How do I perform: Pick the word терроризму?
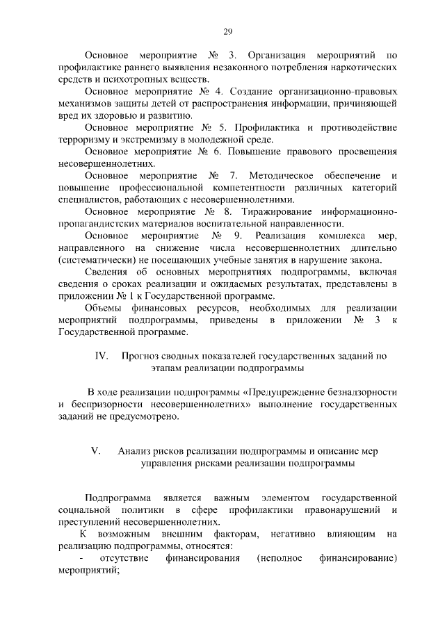click(83, 140)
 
